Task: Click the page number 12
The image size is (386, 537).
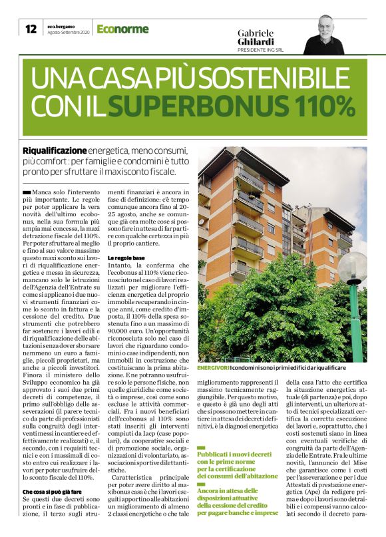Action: tap(31, 29)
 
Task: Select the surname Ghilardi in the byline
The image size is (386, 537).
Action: tap(256, 41)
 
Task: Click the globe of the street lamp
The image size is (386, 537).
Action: tap(351, 268)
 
